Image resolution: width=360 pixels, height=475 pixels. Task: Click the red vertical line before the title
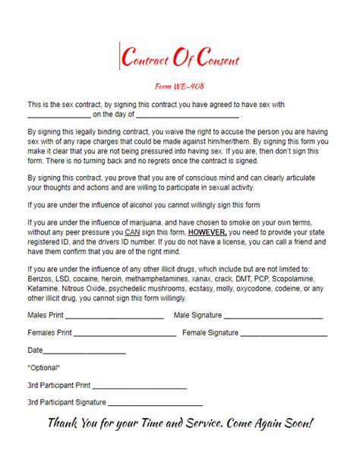(x=120, y=58)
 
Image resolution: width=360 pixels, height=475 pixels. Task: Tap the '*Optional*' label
(x=43, y=368)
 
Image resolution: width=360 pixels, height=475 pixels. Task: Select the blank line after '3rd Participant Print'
(x=140, y=387)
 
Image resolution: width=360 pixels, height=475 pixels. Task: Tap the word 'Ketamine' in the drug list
(x=43, y=278)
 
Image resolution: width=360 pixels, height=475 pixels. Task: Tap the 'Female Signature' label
(x=210, y=332)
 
